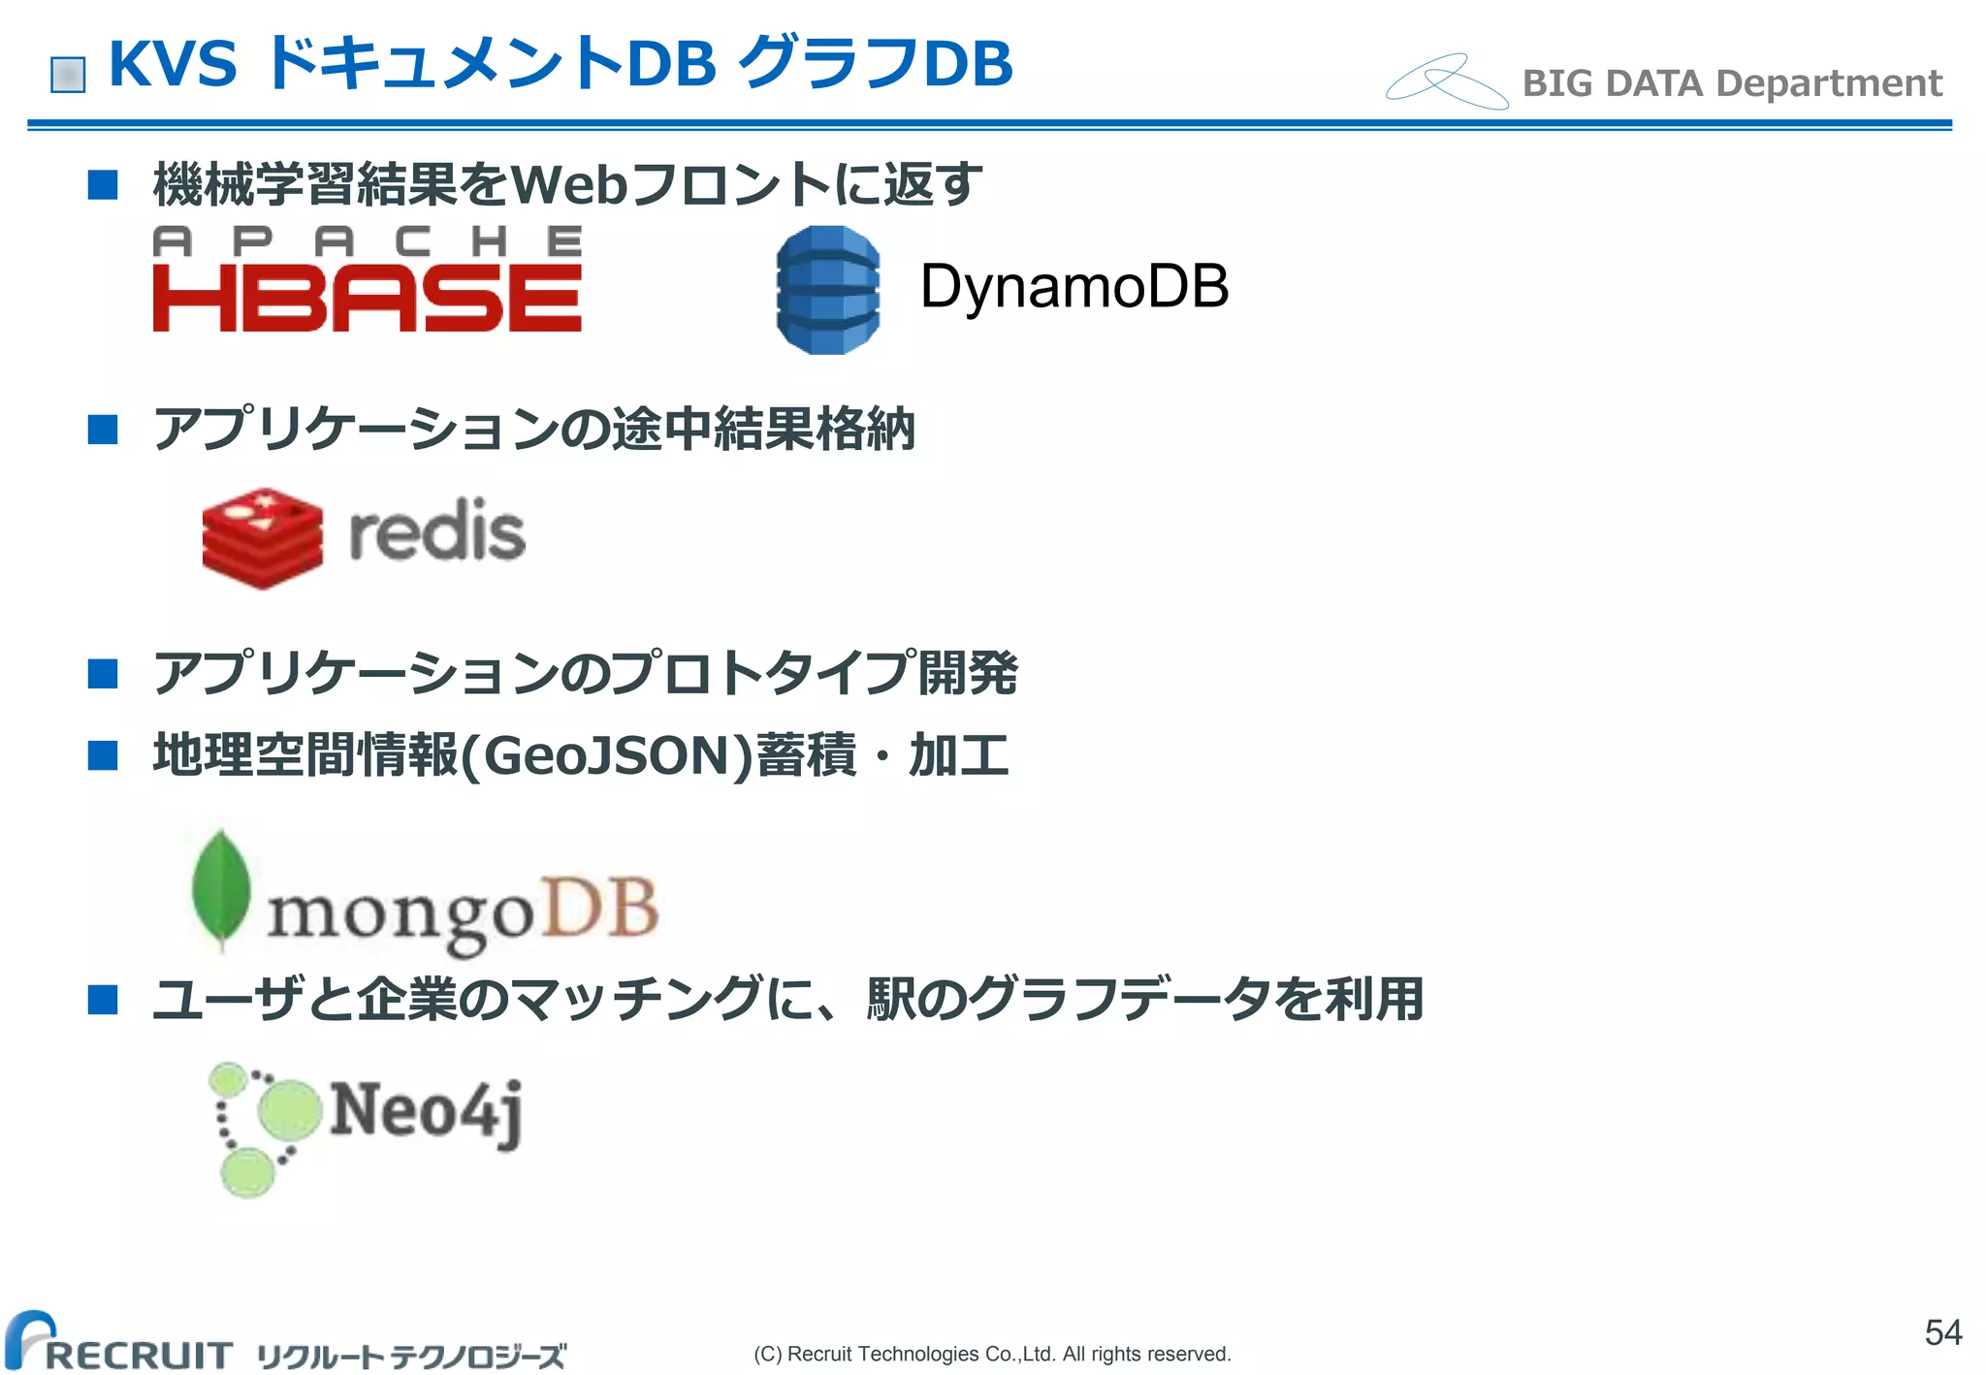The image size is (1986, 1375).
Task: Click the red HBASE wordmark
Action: point(367,299)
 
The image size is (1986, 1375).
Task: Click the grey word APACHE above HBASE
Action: point(367,241)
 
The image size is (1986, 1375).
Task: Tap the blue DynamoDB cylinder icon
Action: point(828,289)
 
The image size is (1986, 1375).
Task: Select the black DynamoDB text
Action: point(1073,286)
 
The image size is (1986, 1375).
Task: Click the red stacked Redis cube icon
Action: point(262,537)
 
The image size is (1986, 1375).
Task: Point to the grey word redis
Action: point(436,531)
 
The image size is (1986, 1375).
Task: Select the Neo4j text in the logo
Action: point(427,1111)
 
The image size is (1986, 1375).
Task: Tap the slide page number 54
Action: point(1942,1332)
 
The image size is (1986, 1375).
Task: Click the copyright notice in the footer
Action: point(992,1354)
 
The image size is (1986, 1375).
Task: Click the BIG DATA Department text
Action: point(1732,83)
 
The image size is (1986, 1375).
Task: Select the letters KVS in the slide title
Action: point(173,64)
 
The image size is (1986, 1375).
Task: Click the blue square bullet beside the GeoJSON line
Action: point(102,754)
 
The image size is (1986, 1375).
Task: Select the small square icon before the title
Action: point(68,75)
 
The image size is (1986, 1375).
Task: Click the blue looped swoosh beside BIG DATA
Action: point(1446,80)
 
